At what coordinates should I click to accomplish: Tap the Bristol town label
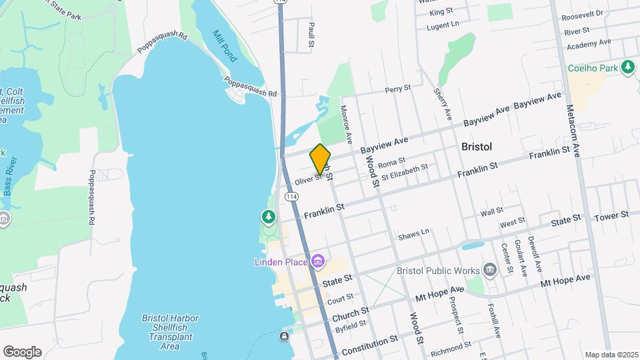[x=477, y=147]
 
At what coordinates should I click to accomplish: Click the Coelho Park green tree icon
[x=627, y=67]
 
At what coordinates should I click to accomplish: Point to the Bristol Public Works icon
[x=491, y=269]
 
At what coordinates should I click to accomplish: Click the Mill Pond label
[x=225, y=46]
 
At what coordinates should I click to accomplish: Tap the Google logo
[x=22, y=351]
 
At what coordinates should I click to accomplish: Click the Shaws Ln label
[x=413, y=236]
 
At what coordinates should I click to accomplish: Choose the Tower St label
[x=611, y=215]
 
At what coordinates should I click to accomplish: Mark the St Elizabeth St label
[x=404, y=171]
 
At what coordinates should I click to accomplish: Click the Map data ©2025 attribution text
[x=610, y=355]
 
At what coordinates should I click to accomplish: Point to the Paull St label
[x=311, y=34]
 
